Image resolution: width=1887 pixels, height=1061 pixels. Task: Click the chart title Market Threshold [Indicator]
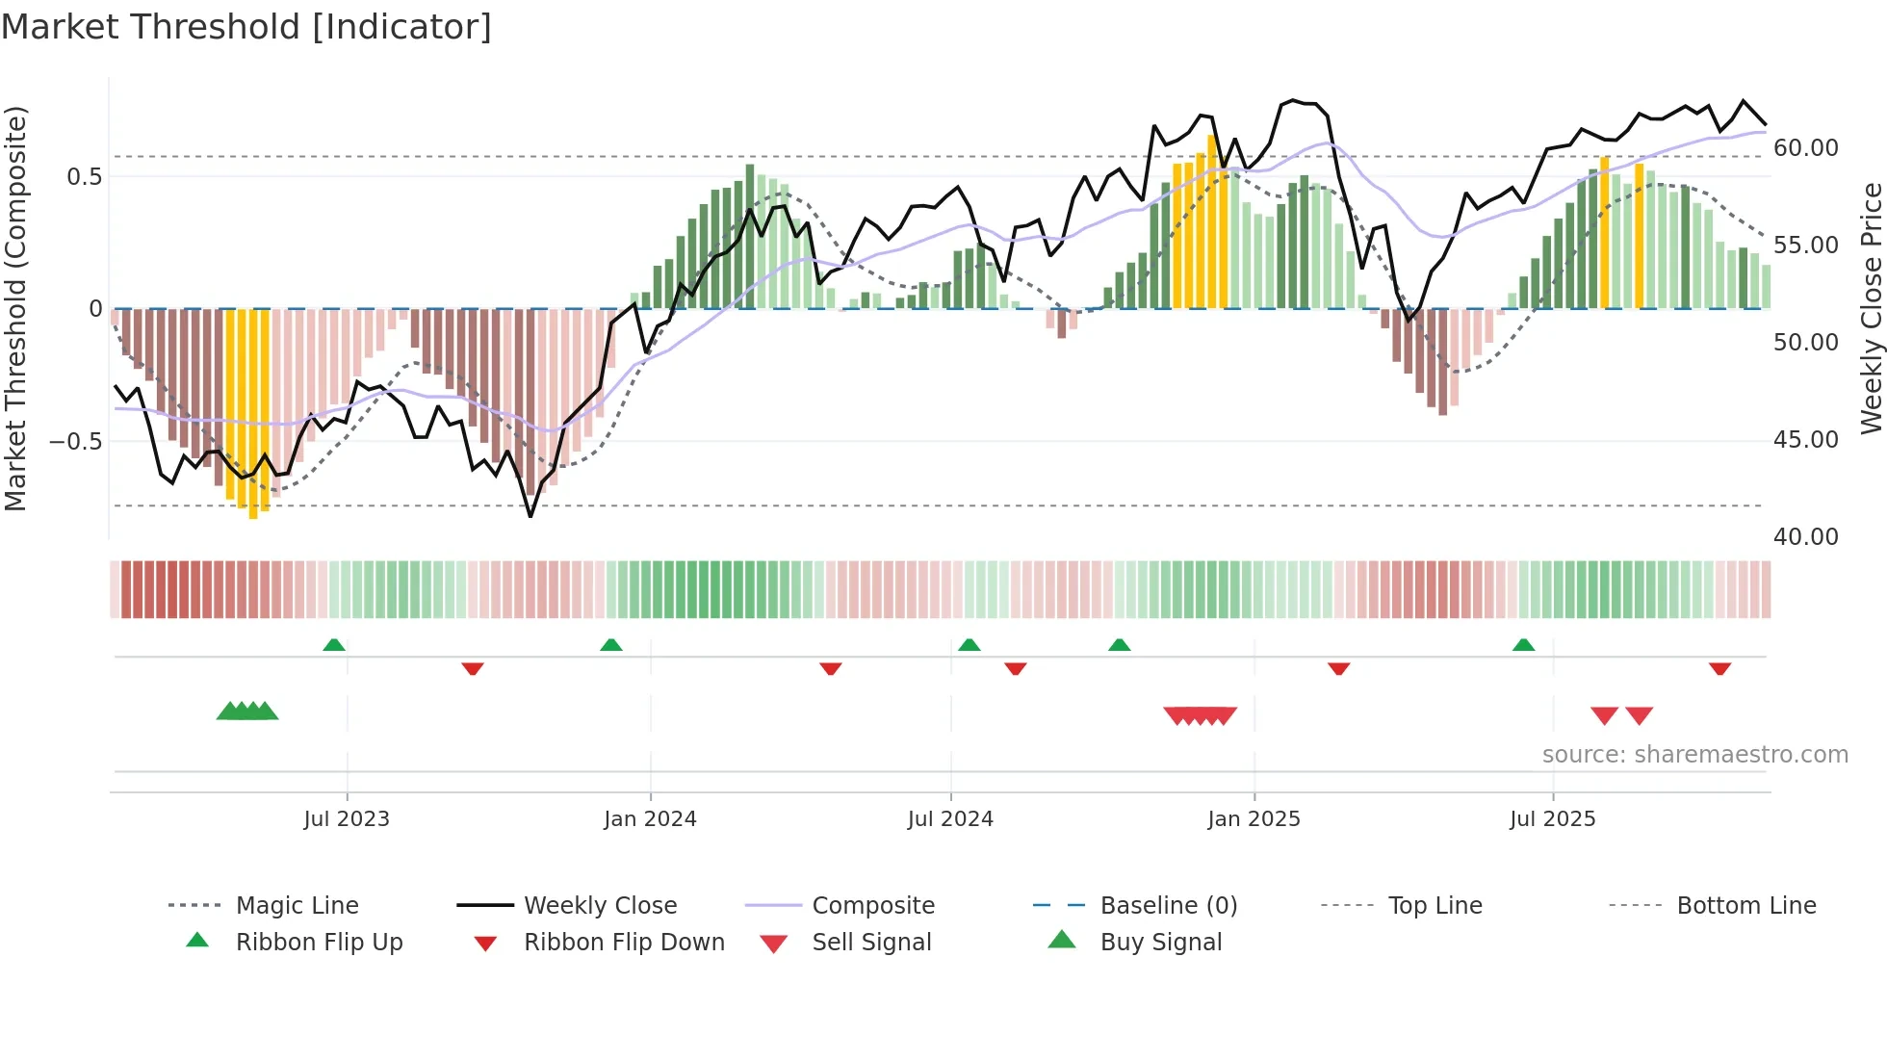click(x=246, y=27)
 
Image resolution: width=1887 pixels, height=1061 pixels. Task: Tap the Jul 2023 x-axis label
click(x=347, y=819)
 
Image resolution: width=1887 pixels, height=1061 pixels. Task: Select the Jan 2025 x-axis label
click(x=1254, y=819)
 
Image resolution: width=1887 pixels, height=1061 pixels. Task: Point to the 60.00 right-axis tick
click(x=1805, y=148)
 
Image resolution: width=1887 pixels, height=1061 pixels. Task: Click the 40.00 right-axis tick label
click(x=1805, y=537)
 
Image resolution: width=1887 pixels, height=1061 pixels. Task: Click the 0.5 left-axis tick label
click(x=84, y=177)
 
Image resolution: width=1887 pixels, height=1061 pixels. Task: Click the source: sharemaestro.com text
click(x=1694, y=755)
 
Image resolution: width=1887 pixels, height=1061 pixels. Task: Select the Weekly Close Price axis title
click(x=1870, y=308)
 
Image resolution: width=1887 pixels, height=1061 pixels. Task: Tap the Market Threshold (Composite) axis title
click(x=15, y=308)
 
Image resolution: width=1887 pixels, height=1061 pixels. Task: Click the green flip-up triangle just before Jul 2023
click(x=334, y=645)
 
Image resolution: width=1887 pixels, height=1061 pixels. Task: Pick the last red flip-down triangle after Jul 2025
click(x=1719, y=668)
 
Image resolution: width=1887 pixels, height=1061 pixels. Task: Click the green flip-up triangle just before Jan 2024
click(x=610, y=645)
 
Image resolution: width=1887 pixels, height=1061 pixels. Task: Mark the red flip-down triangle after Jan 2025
click(x=1338, y=668)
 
